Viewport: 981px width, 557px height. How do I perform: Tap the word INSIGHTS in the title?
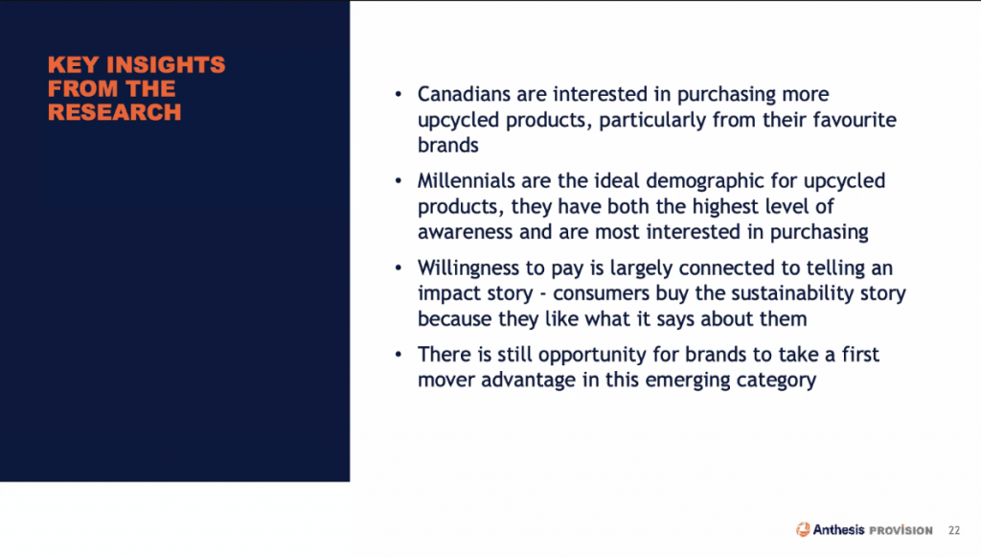pos(166,65)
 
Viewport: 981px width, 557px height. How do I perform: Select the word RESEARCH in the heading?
pos(115,113)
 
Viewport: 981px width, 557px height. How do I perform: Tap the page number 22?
pos(954,530)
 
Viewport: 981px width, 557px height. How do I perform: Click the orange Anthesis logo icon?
pos(803,529)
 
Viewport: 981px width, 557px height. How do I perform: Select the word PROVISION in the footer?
pos(901,531)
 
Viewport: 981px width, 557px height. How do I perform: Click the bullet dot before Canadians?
pos(399,95)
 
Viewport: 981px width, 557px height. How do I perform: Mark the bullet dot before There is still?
pos(399,355)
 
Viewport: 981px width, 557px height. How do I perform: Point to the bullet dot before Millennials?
pos(399,181)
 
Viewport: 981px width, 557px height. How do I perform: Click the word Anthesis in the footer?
pos(838,529)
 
